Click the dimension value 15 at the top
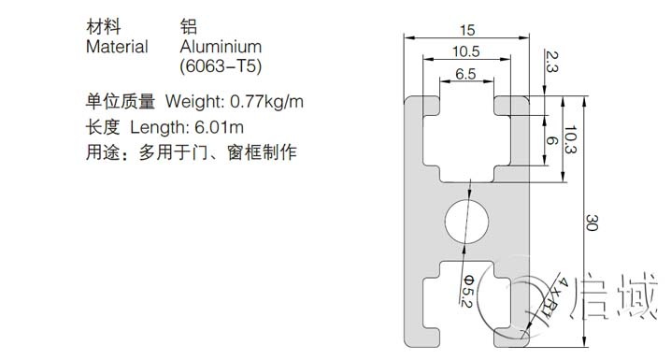(465, 29)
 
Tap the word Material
(117, 47)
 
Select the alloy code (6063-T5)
(220, 67)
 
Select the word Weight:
(194, 100)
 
